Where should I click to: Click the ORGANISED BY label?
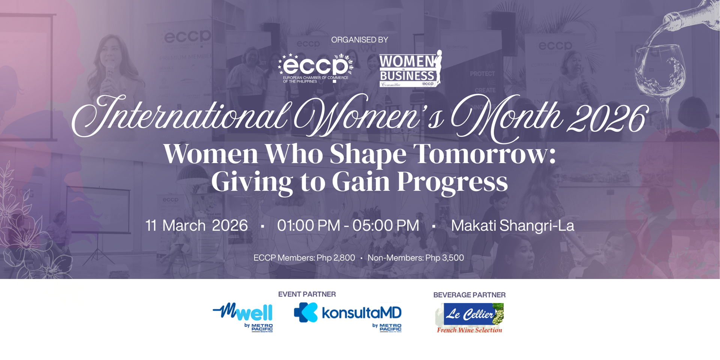pos(359,40)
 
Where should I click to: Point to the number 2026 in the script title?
pos(607,119)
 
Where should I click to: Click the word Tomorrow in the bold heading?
pos(484,154)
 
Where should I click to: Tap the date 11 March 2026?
pos(196,226)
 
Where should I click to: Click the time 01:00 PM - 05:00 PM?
pos(348,226)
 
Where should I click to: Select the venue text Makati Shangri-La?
pos(512,226)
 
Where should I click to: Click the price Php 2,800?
pos(336,258)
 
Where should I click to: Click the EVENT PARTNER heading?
pos(307,294)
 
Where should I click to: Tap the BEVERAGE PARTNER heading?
pos(469,295)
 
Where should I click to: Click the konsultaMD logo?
pos(348,315)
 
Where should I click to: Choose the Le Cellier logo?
pos(470,314)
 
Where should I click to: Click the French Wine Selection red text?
pos(469,330)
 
